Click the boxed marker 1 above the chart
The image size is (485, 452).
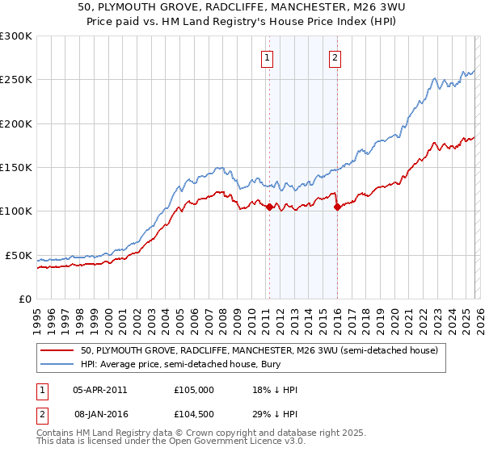coord(267,57)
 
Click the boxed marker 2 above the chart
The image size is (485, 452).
coord(335,57)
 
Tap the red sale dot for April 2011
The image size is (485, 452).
coord(269,207)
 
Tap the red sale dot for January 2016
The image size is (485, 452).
coord(337,207)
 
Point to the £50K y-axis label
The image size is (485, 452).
coord(19,255)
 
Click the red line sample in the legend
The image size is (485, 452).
coord(57,350)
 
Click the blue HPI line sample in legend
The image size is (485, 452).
coord(57,365)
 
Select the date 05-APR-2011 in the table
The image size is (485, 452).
coord(99,390)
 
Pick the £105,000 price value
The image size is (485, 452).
coord(193,390)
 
